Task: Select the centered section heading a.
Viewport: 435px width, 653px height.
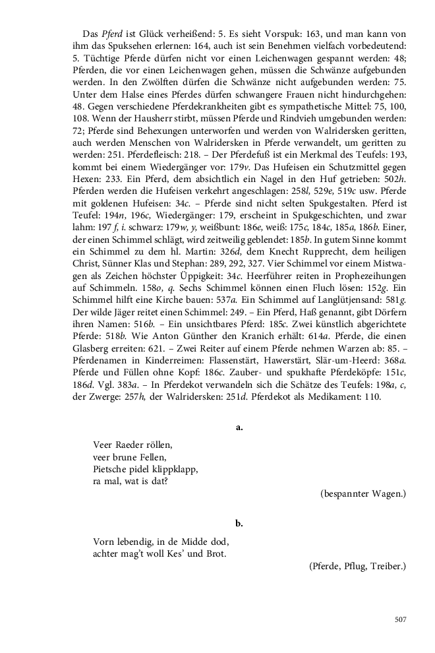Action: click(x=240, y=428)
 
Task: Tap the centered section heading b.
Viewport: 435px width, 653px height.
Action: click(x=240, y=523)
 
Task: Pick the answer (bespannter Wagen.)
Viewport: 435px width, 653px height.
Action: click(x=363, y=493)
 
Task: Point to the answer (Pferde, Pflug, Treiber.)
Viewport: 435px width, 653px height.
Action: click(x=357, y=566)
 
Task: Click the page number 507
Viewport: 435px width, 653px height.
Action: click(x=400, y=619)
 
